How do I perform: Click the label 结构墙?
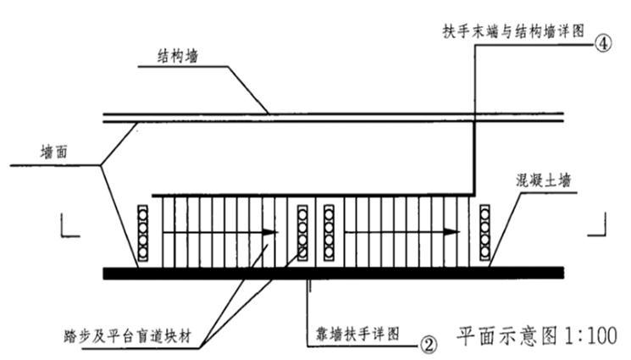[x=179, y=56]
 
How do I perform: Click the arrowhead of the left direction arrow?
[x=270, y=230]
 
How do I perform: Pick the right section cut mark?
[x=597, y=224]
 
